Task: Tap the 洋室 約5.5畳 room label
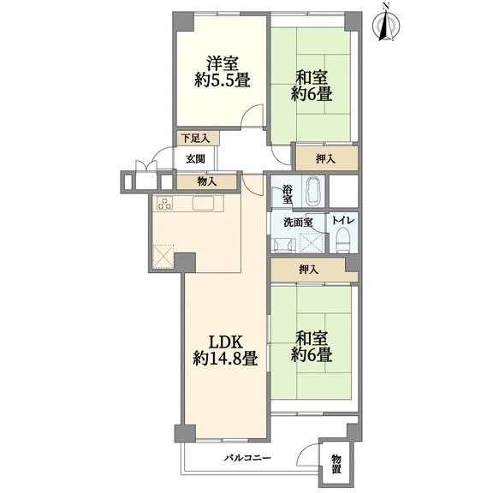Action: (x=223, y=72)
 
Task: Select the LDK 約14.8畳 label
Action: (x=225, y=350)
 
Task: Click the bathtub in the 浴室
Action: (x=313, y=191)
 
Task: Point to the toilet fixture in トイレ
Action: (x=342, y=241)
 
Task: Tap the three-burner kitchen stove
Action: (x=164, y=203)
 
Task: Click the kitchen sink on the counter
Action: (x=203, y=203)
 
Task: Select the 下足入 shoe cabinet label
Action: (x=197, y=139)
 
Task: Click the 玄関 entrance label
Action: (x=195, y=159)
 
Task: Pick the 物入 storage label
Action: (x=206, y=181)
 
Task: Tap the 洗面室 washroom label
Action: (x=298, y=223)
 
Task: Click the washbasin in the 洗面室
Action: (x=284, y=246)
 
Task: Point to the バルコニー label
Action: (x=247, y=457)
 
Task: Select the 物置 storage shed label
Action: (x=336, y=464)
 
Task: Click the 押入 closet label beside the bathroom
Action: (x=326, y=159)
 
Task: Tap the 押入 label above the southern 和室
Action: (x=309, y=269)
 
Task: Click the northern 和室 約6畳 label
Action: (x=312, y=86)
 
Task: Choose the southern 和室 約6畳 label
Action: (x=312, y=346)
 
